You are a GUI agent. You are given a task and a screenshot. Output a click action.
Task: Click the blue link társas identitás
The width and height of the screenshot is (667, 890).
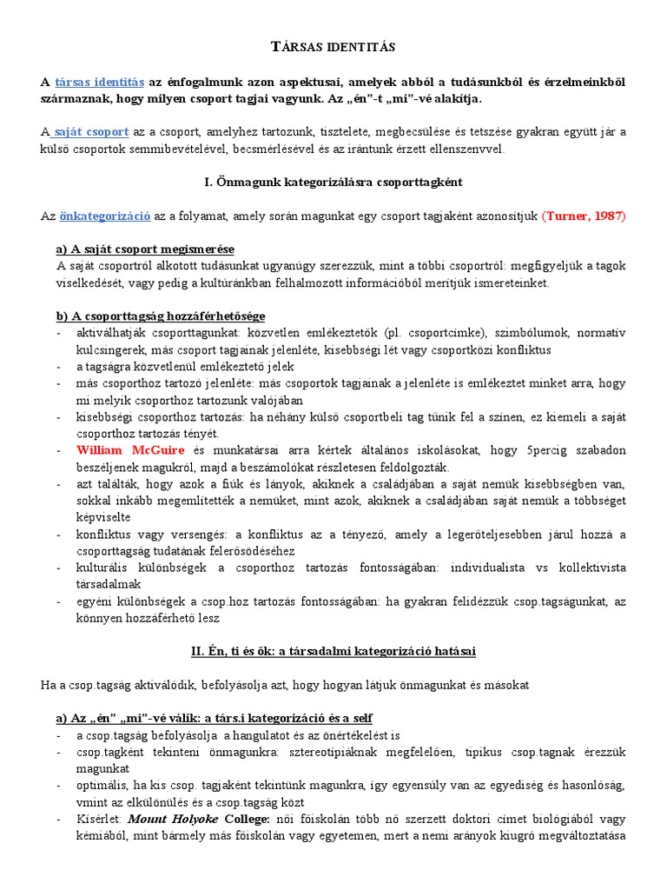[100, 82]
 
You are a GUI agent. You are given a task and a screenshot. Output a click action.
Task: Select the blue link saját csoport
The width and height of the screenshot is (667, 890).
[90, 132]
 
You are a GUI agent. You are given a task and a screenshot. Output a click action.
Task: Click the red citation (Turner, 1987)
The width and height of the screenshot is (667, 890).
[583, 216]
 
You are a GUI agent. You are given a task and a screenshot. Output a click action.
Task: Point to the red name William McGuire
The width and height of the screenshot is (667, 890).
[131, 450]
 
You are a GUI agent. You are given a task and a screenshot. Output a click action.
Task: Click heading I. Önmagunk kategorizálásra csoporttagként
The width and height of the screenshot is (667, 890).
[333, 183]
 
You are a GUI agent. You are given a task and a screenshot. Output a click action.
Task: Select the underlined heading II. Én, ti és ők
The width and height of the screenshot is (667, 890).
[333, 650]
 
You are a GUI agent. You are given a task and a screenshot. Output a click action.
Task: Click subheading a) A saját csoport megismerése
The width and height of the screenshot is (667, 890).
[145, 249]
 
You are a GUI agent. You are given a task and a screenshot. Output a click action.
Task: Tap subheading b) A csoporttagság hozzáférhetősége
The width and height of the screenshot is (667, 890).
[161, 315]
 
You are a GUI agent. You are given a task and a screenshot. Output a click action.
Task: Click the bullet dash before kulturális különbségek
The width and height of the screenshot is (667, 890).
[58, 568]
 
